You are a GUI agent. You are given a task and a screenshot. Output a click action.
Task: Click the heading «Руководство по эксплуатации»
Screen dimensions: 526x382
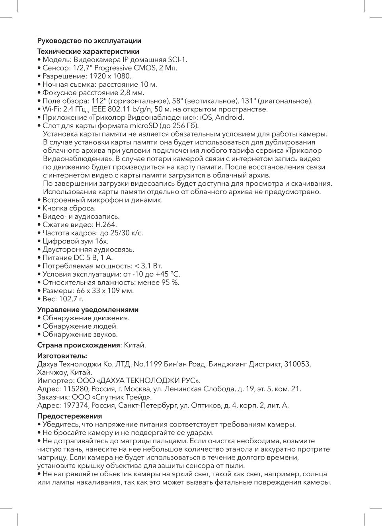tap(89, 41)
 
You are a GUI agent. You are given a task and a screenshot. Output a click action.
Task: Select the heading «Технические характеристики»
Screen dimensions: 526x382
tap(88, 51)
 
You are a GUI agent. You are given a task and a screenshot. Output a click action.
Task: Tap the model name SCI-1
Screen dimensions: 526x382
tap(177, 60)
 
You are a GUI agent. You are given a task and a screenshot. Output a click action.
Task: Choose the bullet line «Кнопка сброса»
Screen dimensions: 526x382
tap(69, 208)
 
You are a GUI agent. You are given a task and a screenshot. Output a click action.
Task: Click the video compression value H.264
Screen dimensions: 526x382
tap(106, 225)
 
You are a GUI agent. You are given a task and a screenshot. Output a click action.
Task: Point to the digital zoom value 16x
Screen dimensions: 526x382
tap(101, 241)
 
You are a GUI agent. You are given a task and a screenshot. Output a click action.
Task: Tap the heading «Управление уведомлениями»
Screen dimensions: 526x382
tap(88, 310)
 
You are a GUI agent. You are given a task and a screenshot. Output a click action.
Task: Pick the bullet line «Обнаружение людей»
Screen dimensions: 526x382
tap(80, 326)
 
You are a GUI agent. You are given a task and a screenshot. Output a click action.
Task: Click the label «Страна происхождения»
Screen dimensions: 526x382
tap(78, 345)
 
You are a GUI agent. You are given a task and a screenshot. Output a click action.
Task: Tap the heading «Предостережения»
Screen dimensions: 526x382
tap(70, 416)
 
